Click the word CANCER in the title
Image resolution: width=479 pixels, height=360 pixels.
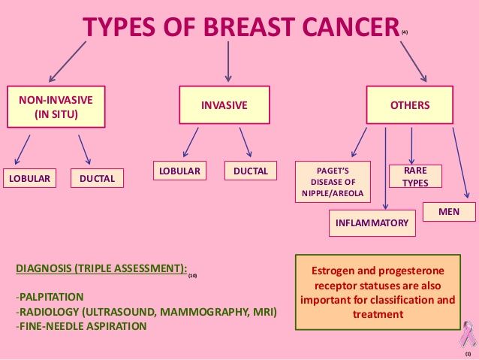coord(351,26)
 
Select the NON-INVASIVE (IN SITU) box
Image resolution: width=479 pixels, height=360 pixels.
coord(56,107)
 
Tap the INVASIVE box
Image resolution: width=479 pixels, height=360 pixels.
coord(224,105)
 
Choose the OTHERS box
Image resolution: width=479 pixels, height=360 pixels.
coord(410,105)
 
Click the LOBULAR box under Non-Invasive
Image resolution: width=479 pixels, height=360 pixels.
coord(29,178)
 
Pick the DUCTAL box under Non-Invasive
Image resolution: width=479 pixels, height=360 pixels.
coord(97,178)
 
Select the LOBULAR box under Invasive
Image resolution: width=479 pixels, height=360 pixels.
coord(179,171)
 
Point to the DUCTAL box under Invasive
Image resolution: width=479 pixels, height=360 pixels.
coord(251,171)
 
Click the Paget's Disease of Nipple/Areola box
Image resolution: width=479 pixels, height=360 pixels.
coord(333,182)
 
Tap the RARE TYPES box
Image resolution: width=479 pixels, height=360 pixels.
coord(415,176)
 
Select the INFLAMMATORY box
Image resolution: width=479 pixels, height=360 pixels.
coord(372,223)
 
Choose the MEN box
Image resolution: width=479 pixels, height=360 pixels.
coord(449,212)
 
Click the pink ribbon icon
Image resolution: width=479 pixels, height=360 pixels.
coord(468,334)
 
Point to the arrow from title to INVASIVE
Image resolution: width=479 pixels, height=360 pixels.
coord(228,62)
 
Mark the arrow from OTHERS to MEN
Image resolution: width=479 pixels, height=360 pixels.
coord(461,163)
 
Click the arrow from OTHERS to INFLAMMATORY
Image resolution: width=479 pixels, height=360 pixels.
coord(385,168)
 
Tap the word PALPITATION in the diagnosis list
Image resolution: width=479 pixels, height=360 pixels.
coord(51,297)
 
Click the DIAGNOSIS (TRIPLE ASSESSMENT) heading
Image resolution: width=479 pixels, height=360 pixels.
coord(101,268)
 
